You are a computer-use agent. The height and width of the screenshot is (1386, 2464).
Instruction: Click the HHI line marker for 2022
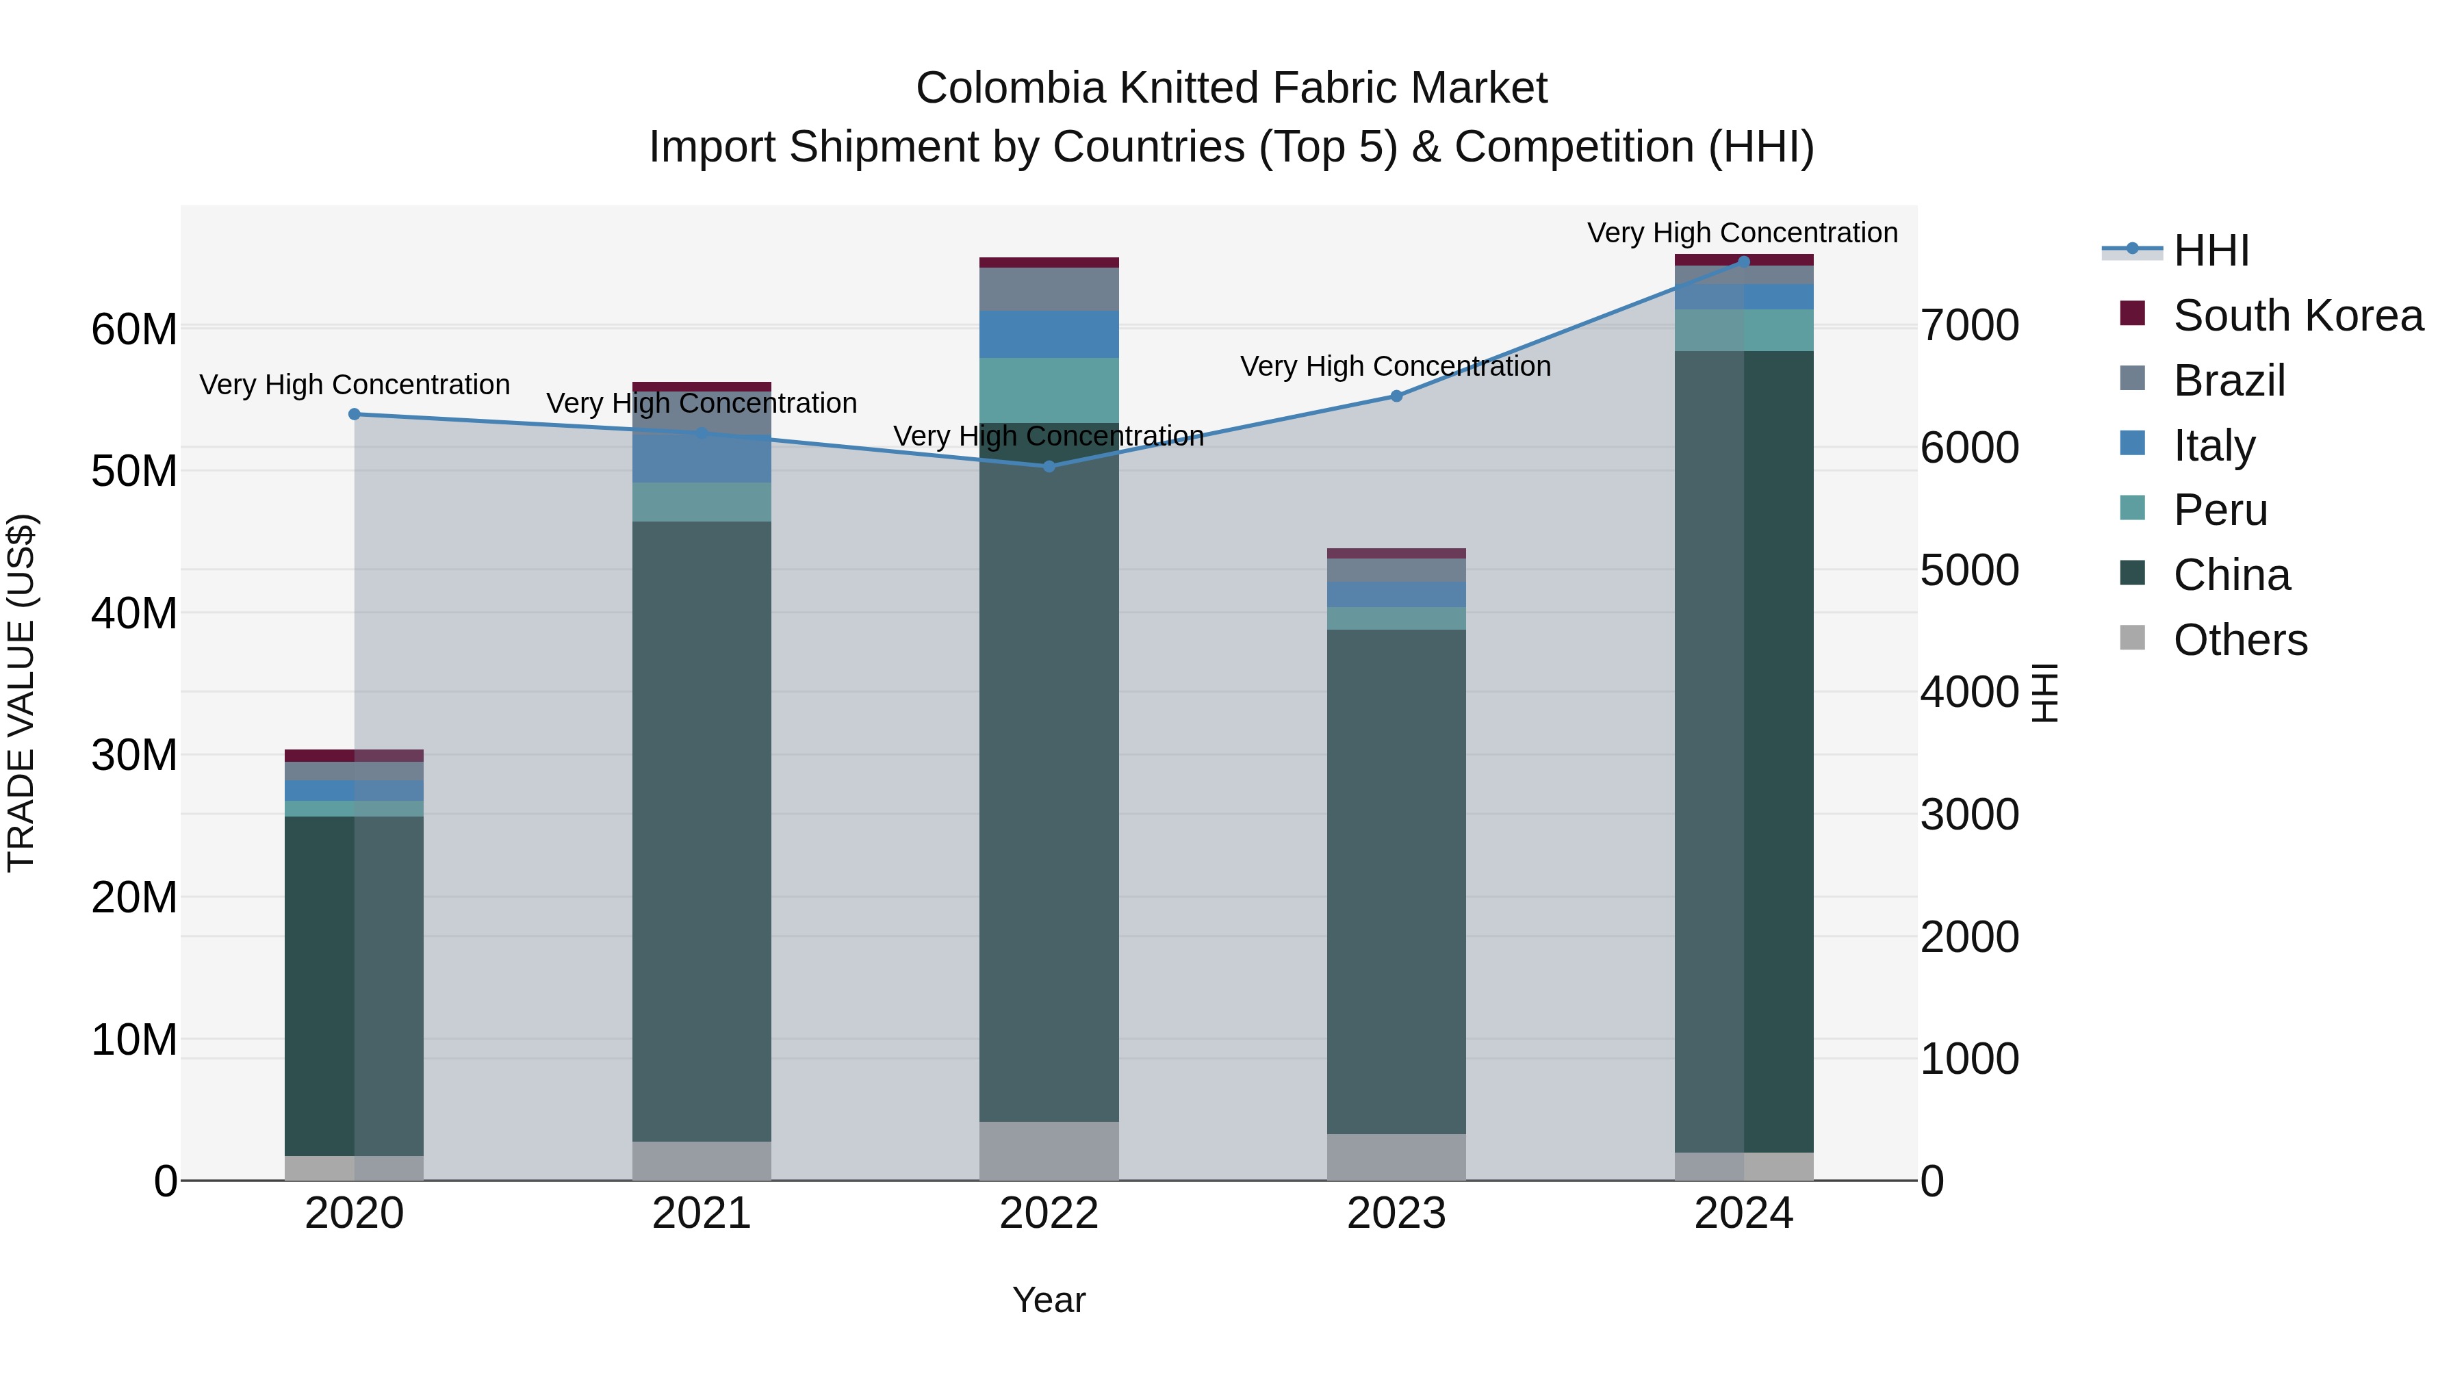coord(1049,466)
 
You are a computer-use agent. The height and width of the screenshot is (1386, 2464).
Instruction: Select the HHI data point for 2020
coord(354,414)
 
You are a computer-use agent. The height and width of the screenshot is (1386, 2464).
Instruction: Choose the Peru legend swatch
coord(2132,508)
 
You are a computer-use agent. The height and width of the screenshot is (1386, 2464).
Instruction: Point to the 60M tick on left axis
coord(134,329)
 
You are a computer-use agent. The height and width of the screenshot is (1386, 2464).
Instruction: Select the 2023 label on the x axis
coord(1396,1214)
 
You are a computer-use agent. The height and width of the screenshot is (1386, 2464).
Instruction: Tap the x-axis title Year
coord(1049,1300)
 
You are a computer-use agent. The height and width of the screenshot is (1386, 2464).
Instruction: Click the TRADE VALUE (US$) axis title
coord(21,693)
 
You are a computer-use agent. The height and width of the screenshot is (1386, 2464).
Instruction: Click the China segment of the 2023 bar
coord(1396,880)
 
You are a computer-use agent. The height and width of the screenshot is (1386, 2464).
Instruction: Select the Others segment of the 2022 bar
coord(1049,1151)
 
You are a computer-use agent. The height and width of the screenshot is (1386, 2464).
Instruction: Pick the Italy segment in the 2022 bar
coord(1049,334)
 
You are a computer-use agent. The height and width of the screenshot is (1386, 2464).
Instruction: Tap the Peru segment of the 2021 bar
coord(701,501)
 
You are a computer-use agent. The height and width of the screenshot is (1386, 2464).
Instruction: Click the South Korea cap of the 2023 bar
coord(1396,553)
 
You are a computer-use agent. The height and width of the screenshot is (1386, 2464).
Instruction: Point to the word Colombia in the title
coord(1010,88)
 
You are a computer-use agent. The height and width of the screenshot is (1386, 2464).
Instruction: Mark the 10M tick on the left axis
coord(134,1039)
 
